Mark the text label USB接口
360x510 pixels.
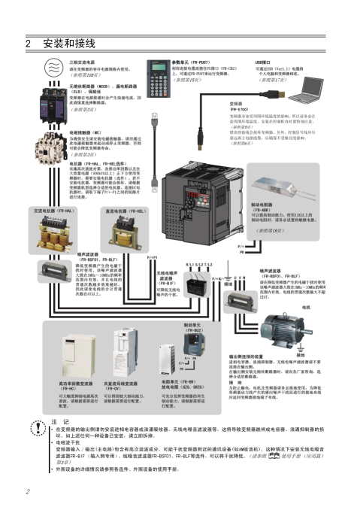click(x=263, y=61)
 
